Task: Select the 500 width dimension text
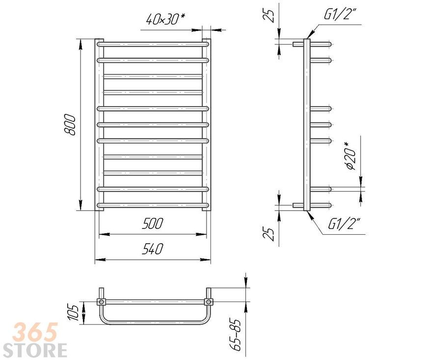pyautogui.click(x=153, y=223)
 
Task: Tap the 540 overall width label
pyautogui.click(x=153, y=249)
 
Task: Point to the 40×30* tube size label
pyautogui.click(x=165, y=19)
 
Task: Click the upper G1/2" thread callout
pyautogui.click(x=340, y=14)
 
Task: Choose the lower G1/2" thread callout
pyautogui.click(x=344, y=224)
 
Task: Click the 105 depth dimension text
pyautogui.click(x=74, y=313)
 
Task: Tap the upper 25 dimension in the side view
pyautogui.click(x=268, y=16)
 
